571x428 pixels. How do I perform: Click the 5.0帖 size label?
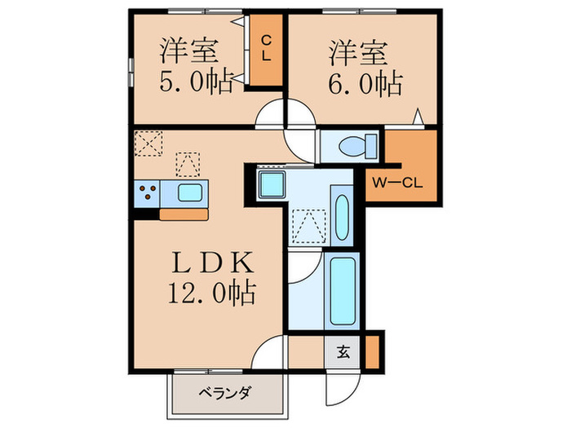pos(196,82)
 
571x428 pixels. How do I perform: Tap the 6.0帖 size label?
pos(367,82)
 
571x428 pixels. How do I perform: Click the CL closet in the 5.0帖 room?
pos(266,50)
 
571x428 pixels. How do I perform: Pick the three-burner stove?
pos(148,194)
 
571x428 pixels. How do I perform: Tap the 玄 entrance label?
pos(343,354)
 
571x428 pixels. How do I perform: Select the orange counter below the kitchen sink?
pos(184,214)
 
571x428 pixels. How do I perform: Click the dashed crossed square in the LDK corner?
pos(148,143)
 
